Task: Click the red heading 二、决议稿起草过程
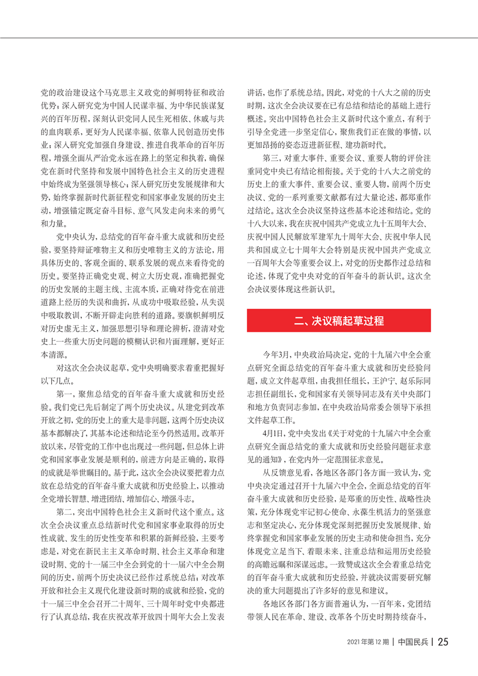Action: pyautogui.click(x=340, y=320)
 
